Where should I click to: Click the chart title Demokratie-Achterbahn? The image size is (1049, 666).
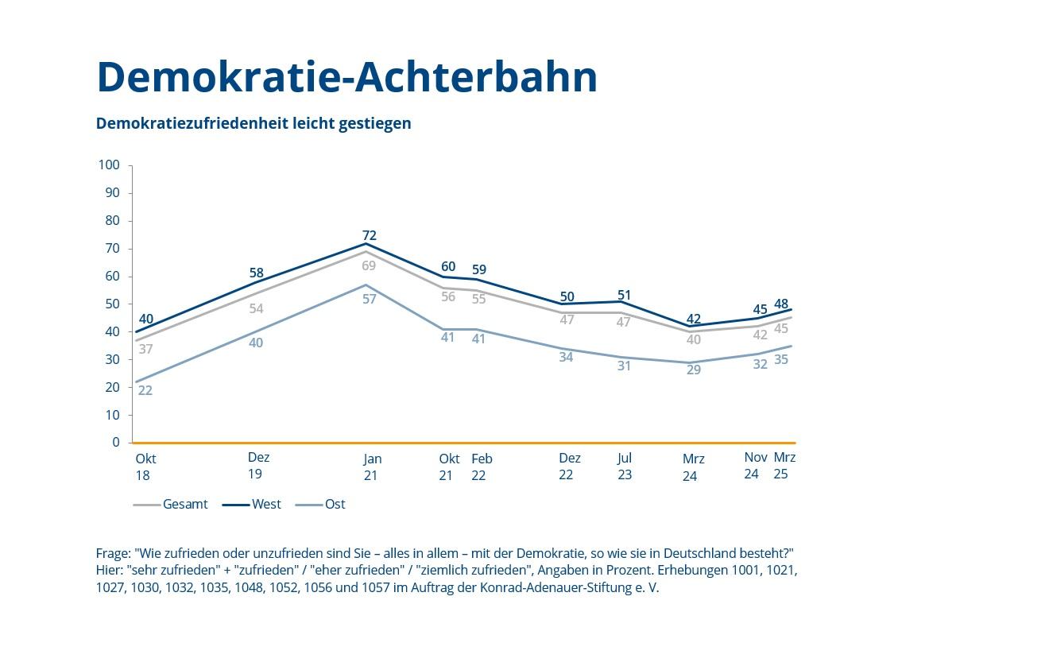pos(346,77)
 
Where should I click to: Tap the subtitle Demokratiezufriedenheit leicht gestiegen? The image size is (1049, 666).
pos(254,123)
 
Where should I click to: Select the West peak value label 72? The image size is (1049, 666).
pos(369,235)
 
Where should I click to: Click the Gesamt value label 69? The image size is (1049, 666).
pos(369,265)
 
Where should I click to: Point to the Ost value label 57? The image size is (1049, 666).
pos(369,300)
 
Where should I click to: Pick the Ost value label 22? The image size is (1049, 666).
pos(145,390)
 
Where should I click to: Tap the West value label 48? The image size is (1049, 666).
pos(782,304)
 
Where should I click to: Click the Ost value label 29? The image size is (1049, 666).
pos(693,369)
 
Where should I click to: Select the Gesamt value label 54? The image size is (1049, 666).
pos(256,308)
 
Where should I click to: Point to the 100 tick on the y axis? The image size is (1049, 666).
pos(109,165)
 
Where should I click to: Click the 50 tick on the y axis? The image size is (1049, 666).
pos(112,304)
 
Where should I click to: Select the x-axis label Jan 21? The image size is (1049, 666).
pos(371,467)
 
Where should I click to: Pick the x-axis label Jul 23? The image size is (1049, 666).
pos(625,467)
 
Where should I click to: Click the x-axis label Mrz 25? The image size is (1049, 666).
pos(784,466)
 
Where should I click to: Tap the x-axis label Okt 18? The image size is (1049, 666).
pos(145,467)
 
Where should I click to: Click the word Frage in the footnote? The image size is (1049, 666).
pos(112,553)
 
